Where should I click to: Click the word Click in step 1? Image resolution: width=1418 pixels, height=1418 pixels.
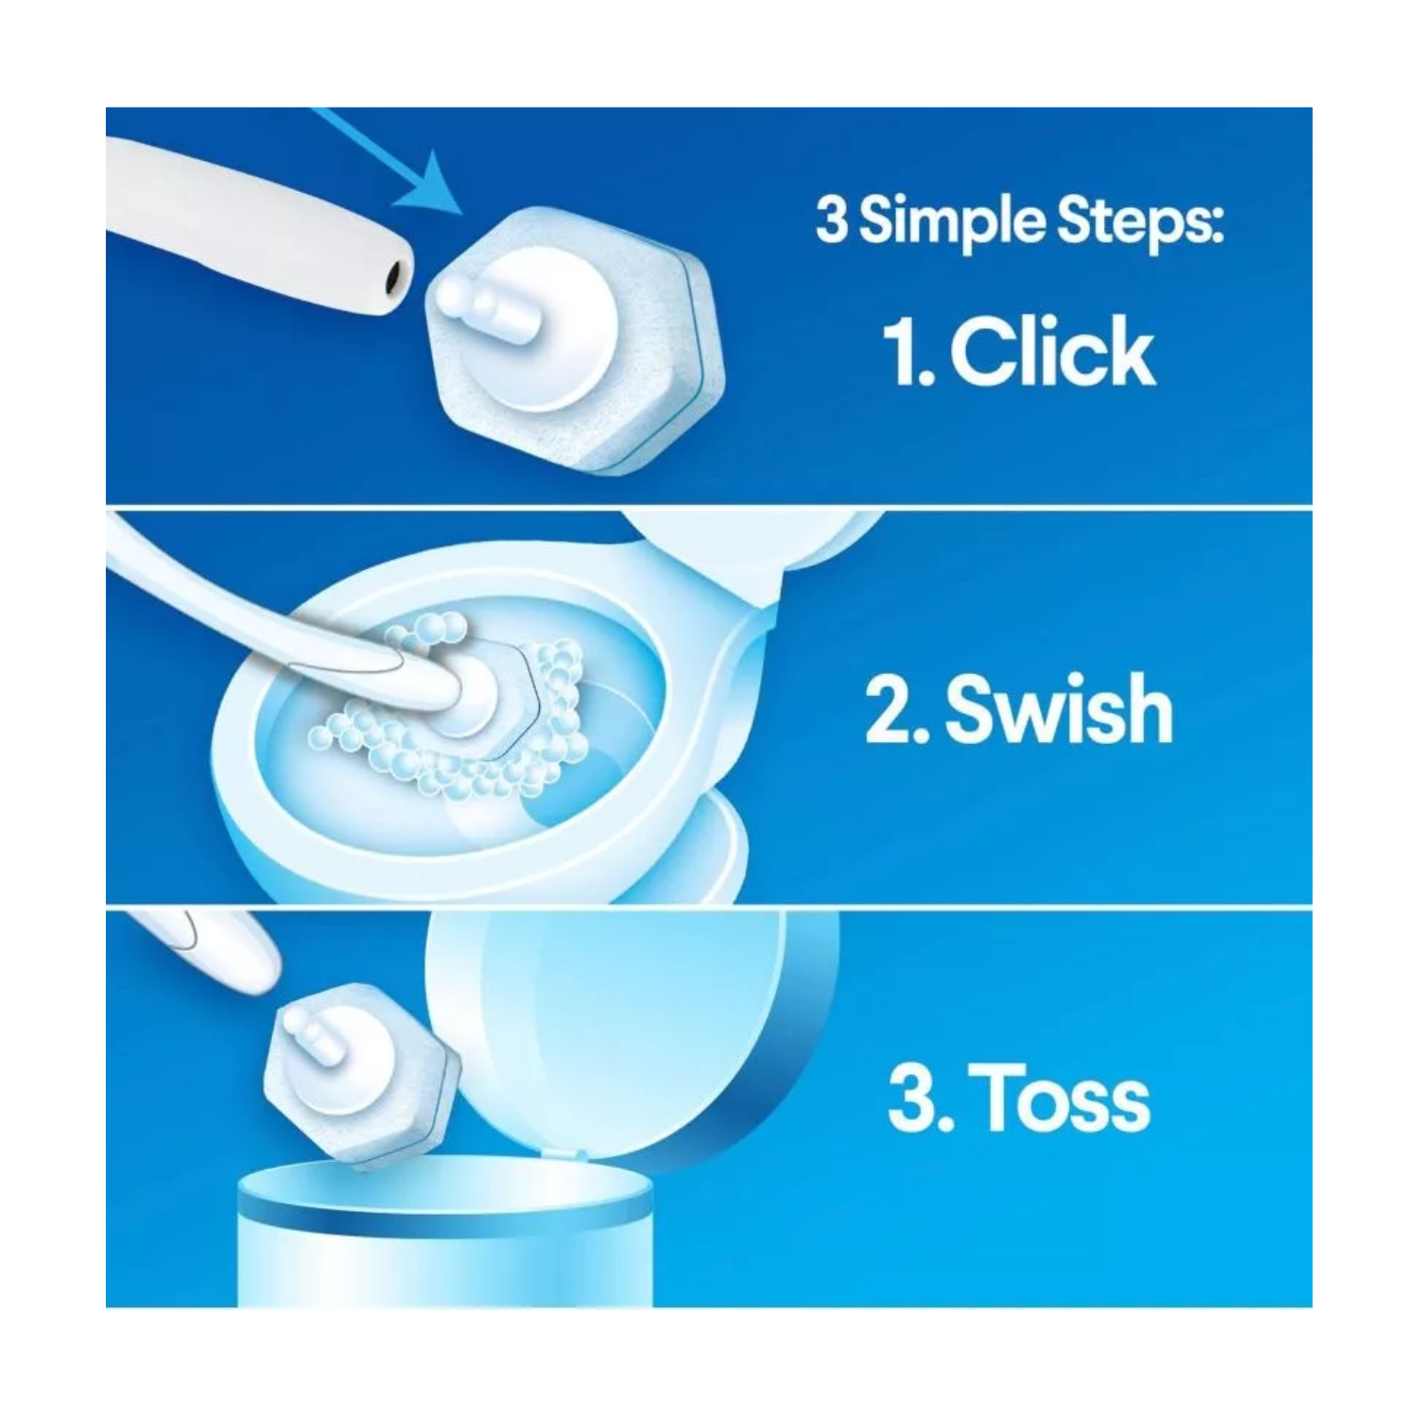point(1052,353)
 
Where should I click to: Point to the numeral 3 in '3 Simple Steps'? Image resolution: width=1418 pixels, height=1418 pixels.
point(831,221)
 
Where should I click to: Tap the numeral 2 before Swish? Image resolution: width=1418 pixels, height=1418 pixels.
point(888,711)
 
